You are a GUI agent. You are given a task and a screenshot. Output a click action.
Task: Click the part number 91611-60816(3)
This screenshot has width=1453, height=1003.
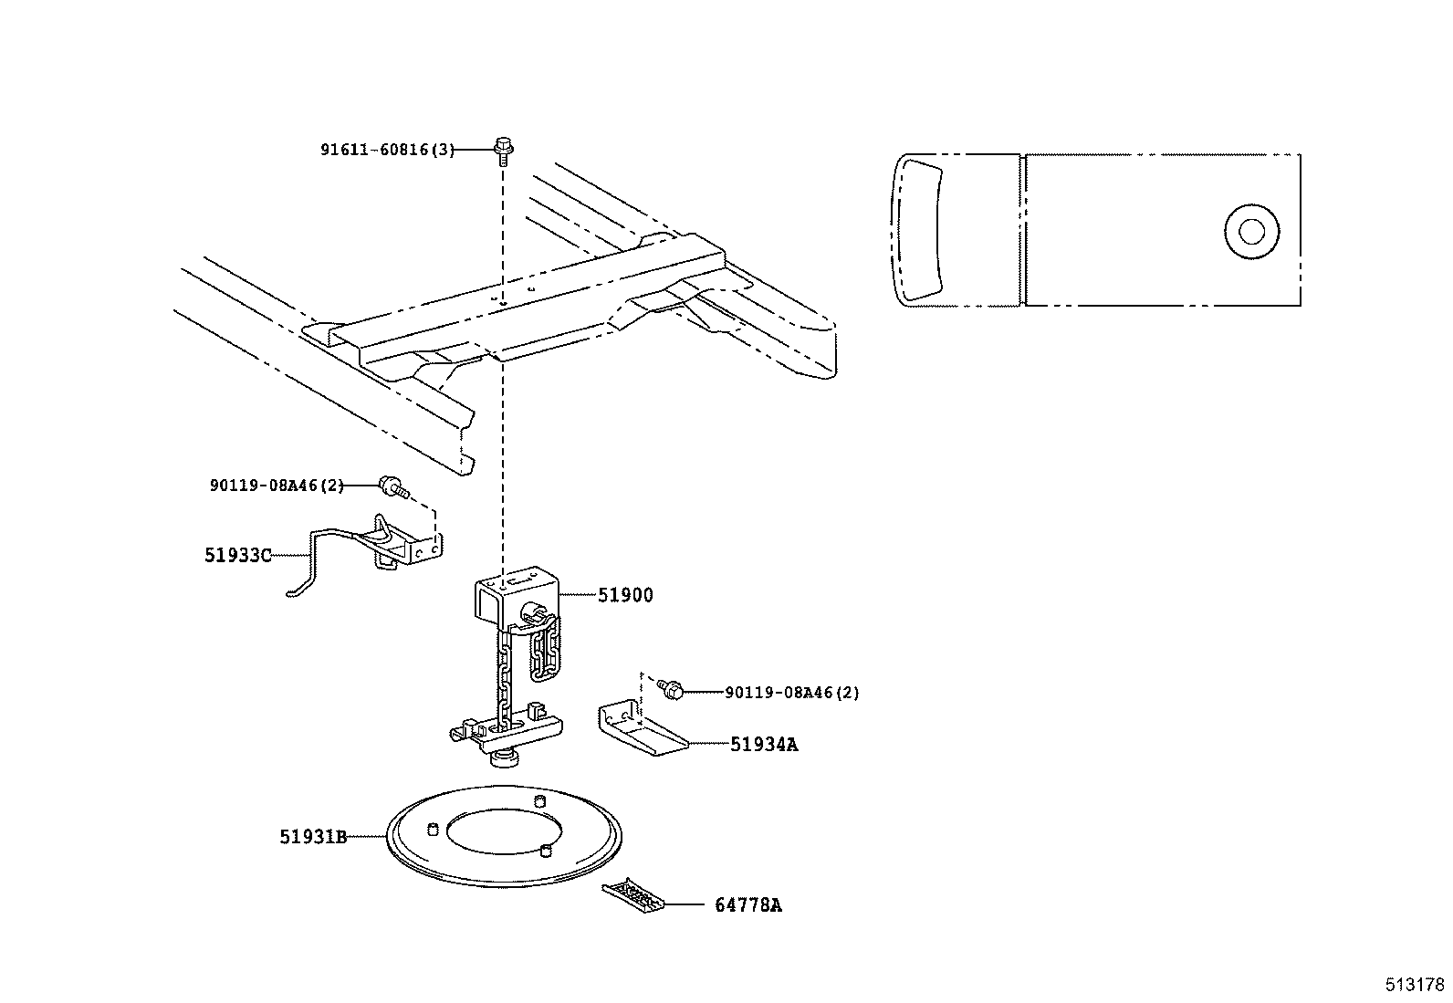tap(386, 150)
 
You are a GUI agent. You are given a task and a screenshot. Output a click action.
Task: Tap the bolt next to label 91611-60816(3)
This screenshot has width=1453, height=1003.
tap(503, 147)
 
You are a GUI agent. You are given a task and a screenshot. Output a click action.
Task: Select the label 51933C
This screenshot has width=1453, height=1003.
tap(237, 554)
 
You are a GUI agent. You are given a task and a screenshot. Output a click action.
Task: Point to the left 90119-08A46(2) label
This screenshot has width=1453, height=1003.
tap(277, 486)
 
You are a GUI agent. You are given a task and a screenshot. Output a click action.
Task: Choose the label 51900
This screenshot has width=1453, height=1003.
tap(625, 595)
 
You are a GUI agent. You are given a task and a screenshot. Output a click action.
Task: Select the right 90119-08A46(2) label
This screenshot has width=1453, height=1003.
tap(791, 693)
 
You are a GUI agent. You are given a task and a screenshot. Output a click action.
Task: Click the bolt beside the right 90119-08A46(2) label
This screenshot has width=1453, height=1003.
tap(674, 691)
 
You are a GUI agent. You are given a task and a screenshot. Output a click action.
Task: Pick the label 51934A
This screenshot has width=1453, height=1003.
tap(763, 745)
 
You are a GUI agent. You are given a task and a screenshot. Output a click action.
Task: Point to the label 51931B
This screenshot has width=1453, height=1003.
tap(313, 836)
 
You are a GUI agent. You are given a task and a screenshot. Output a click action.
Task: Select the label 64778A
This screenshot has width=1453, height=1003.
tap(747, 905)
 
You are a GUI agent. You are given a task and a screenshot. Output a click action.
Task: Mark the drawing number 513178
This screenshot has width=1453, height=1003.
tap(1414, 985)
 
